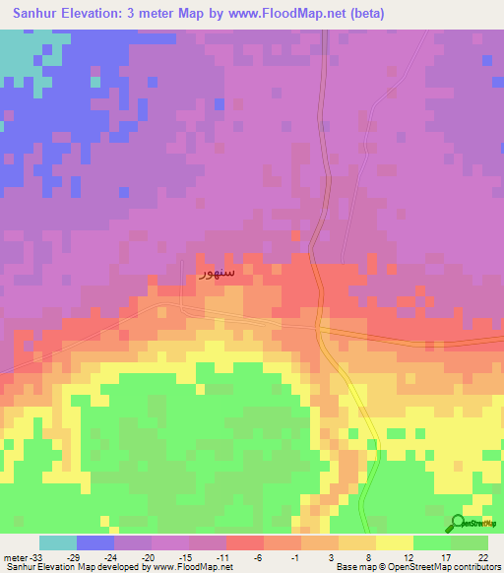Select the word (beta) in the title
click(x=362, y=14)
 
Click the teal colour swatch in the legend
click(x=58, y=542)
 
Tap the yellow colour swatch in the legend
click(x=394, y=542)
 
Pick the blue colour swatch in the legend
click(x=95, y=542)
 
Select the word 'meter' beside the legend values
click(x=14, y=556)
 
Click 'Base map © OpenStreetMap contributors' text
click(x=417, y=567)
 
